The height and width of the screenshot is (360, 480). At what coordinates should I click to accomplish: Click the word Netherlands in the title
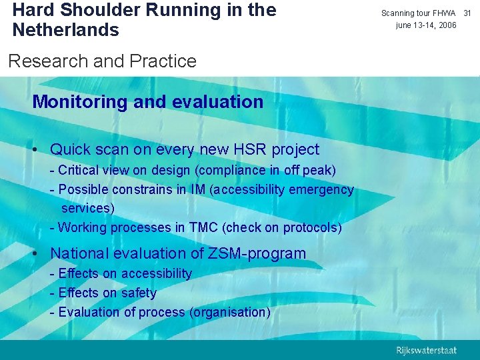(x=65, y=30)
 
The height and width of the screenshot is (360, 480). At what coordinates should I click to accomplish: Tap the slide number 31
(x=467, y=13)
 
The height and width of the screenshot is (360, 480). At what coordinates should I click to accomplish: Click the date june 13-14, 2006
(x=426, y=25)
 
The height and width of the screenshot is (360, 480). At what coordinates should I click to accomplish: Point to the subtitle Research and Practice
(x=102, y=61)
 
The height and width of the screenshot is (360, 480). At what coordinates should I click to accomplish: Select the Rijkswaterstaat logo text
(x=426, y=350)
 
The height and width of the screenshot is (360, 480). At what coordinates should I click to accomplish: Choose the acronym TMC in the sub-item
(x=204, y=227)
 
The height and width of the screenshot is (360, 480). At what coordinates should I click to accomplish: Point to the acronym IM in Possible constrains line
(x=198, y=189)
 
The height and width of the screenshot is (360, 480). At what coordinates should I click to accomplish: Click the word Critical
(x=80, y=170)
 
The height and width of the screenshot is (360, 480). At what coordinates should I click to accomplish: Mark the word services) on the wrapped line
(x=88, y=208)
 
